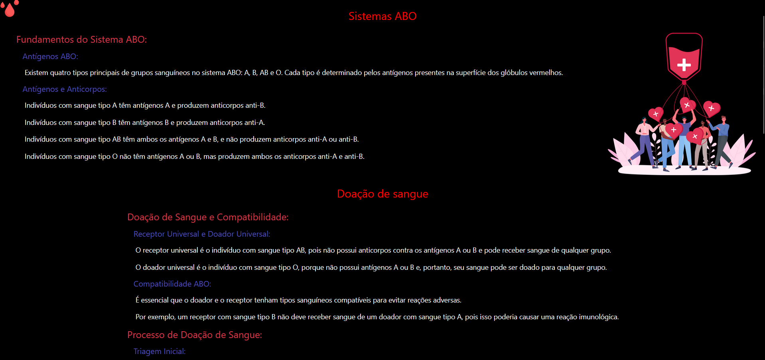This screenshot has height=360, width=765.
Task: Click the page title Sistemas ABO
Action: click(x=382, y=16)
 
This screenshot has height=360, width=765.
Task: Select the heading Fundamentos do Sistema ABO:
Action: click(x=81, y=40)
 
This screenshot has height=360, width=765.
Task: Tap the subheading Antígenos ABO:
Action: click(x=50, y=56)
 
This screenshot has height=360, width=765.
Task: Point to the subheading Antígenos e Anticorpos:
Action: click(x=65, y=89)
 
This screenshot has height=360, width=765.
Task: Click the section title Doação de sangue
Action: click(x=382, y=194)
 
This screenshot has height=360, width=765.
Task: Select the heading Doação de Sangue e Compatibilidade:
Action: click(x=207, y=217)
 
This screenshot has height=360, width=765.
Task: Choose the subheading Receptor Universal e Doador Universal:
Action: click(x=201, y=234)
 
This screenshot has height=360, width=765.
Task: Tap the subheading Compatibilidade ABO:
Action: click(x=172, y=284)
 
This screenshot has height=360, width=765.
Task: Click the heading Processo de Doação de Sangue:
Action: click(x=194, y=335)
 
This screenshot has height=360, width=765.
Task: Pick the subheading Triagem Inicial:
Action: click(x=159, y=351)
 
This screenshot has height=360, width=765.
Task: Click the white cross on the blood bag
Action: click(x=684, y=65)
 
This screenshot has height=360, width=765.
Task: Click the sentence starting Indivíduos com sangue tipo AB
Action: click(x=191, y=139)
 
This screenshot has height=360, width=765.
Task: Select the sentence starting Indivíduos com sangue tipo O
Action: click(x=194, y=156)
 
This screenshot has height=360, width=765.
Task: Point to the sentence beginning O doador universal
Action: click(x=371, y=267)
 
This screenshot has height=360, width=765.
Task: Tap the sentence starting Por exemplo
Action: click(x=377, y=317)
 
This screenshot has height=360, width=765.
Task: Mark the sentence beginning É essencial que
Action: click(x=298, y=300)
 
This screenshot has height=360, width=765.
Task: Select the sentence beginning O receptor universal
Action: click(x=373, y=250)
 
